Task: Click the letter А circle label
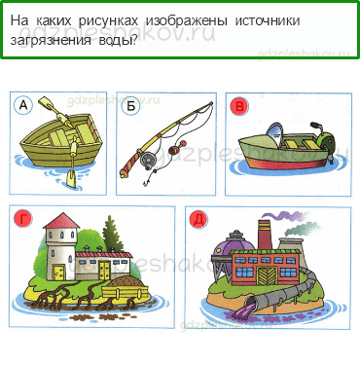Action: click(23, 105)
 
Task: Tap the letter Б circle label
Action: click(131, 106)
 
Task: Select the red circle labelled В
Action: click(239, 107)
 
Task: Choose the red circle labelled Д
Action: click(198, 220)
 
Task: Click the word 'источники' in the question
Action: click(268, 21)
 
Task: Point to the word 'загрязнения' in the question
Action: click(51, 41)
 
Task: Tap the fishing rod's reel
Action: click(148, 160)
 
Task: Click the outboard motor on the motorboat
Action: click(324, 139)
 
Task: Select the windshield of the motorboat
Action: click(274, 134)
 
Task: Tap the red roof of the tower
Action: click(61, 221)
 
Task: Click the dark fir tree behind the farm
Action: click(111, 232)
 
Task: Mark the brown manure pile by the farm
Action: click(126, 281)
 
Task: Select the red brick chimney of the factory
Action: click(265, 236)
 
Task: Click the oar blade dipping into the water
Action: click(71, 179)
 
